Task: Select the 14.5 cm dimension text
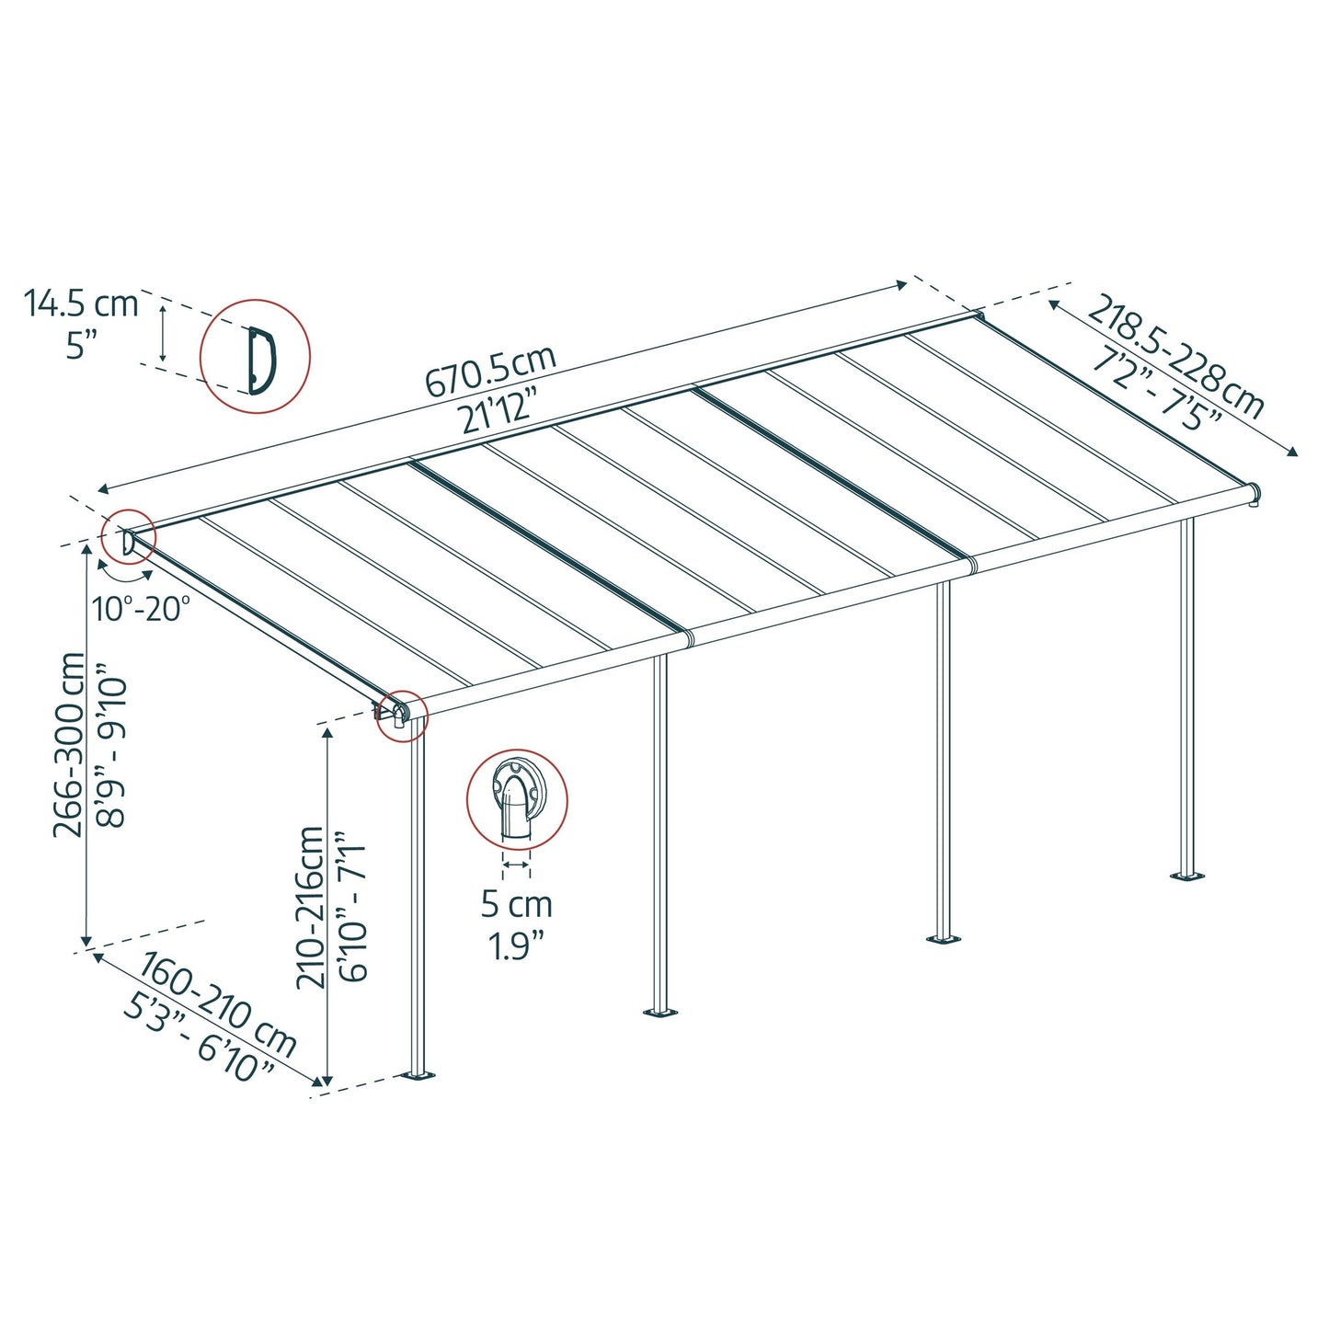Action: (x=81, y=303)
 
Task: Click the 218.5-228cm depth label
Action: (x=1176, y=356)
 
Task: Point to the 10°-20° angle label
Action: (x=142, y=608)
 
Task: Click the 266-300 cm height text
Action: (x=70, y=744)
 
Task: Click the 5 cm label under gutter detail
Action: (x=517, y=904)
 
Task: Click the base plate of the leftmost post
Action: (x=419, y=1074)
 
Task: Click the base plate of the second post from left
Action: (x=659, y=1012)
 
